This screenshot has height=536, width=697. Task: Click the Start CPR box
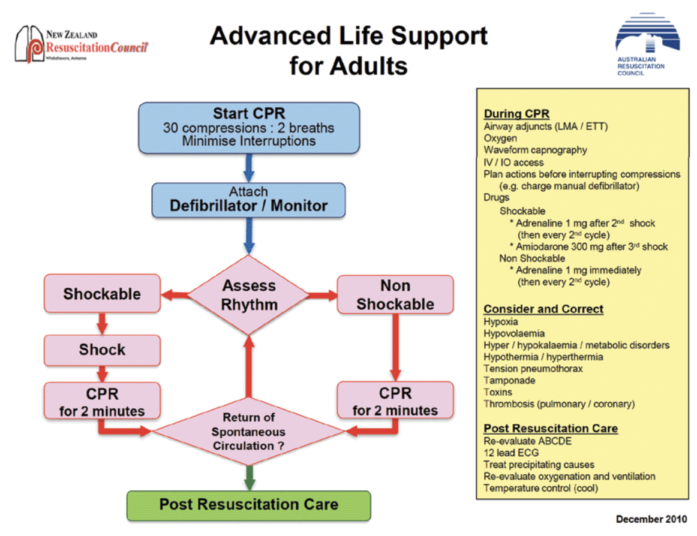(249, 127)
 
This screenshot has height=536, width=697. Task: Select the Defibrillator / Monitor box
(248, 200)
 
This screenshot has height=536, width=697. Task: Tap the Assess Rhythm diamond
(249, 294)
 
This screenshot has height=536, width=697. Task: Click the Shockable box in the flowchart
(102, 294)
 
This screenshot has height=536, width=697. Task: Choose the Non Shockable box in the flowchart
(395, 294)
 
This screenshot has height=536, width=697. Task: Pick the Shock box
(102, 350)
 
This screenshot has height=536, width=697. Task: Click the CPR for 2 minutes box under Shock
(102, 401)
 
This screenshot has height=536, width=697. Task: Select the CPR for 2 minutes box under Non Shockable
(395, 401)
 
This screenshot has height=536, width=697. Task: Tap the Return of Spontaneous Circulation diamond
(249, 432)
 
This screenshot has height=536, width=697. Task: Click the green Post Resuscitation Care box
(248, 505)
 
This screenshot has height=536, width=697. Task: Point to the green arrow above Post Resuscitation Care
(249, 478)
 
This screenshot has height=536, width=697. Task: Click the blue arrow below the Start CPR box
(249, 167)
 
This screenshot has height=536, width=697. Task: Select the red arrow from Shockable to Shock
(102, 323)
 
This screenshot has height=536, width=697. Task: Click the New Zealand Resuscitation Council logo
(82, 46)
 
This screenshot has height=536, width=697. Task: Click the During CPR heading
(516, 114)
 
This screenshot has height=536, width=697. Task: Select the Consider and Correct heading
(543, 309)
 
